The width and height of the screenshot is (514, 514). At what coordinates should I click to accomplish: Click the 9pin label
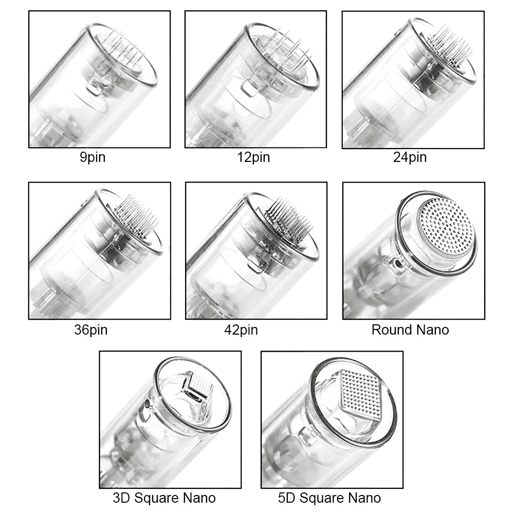click(x=93, y=157)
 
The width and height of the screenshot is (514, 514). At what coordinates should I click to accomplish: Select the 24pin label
click(x=410, y=157)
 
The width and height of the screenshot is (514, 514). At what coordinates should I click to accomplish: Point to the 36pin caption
click(x=91, y=329)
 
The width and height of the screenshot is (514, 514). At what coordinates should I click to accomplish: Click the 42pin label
click(x=241, y=329)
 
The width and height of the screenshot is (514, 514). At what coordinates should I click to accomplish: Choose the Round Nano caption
click(x=410, y=329)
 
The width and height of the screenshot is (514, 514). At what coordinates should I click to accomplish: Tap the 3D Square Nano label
click(x=164, y=498)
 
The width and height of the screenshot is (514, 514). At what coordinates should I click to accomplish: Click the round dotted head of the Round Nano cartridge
click(x=445, y=226)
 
